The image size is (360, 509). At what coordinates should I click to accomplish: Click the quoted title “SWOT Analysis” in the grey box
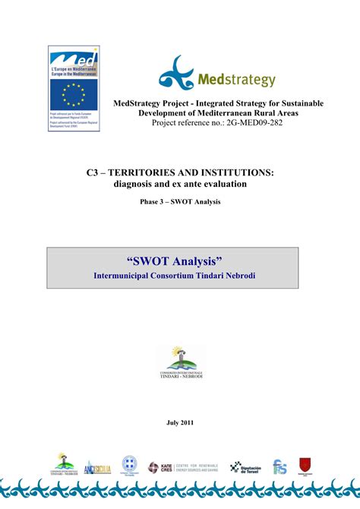(x=179, y=261)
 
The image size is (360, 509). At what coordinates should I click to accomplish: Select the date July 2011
(x=180, y=422)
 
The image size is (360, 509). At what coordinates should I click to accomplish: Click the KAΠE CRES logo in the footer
(x=162, y=467)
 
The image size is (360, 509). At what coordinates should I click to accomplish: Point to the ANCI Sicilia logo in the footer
(x=97, y=468)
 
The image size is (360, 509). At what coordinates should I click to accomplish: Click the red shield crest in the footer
(x=305, y=466)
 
